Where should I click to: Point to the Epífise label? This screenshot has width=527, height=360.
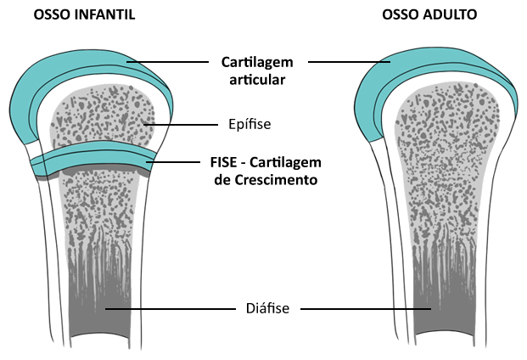(249, 124)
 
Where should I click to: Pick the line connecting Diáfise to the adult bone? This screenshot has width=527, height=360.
(365, 309)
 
